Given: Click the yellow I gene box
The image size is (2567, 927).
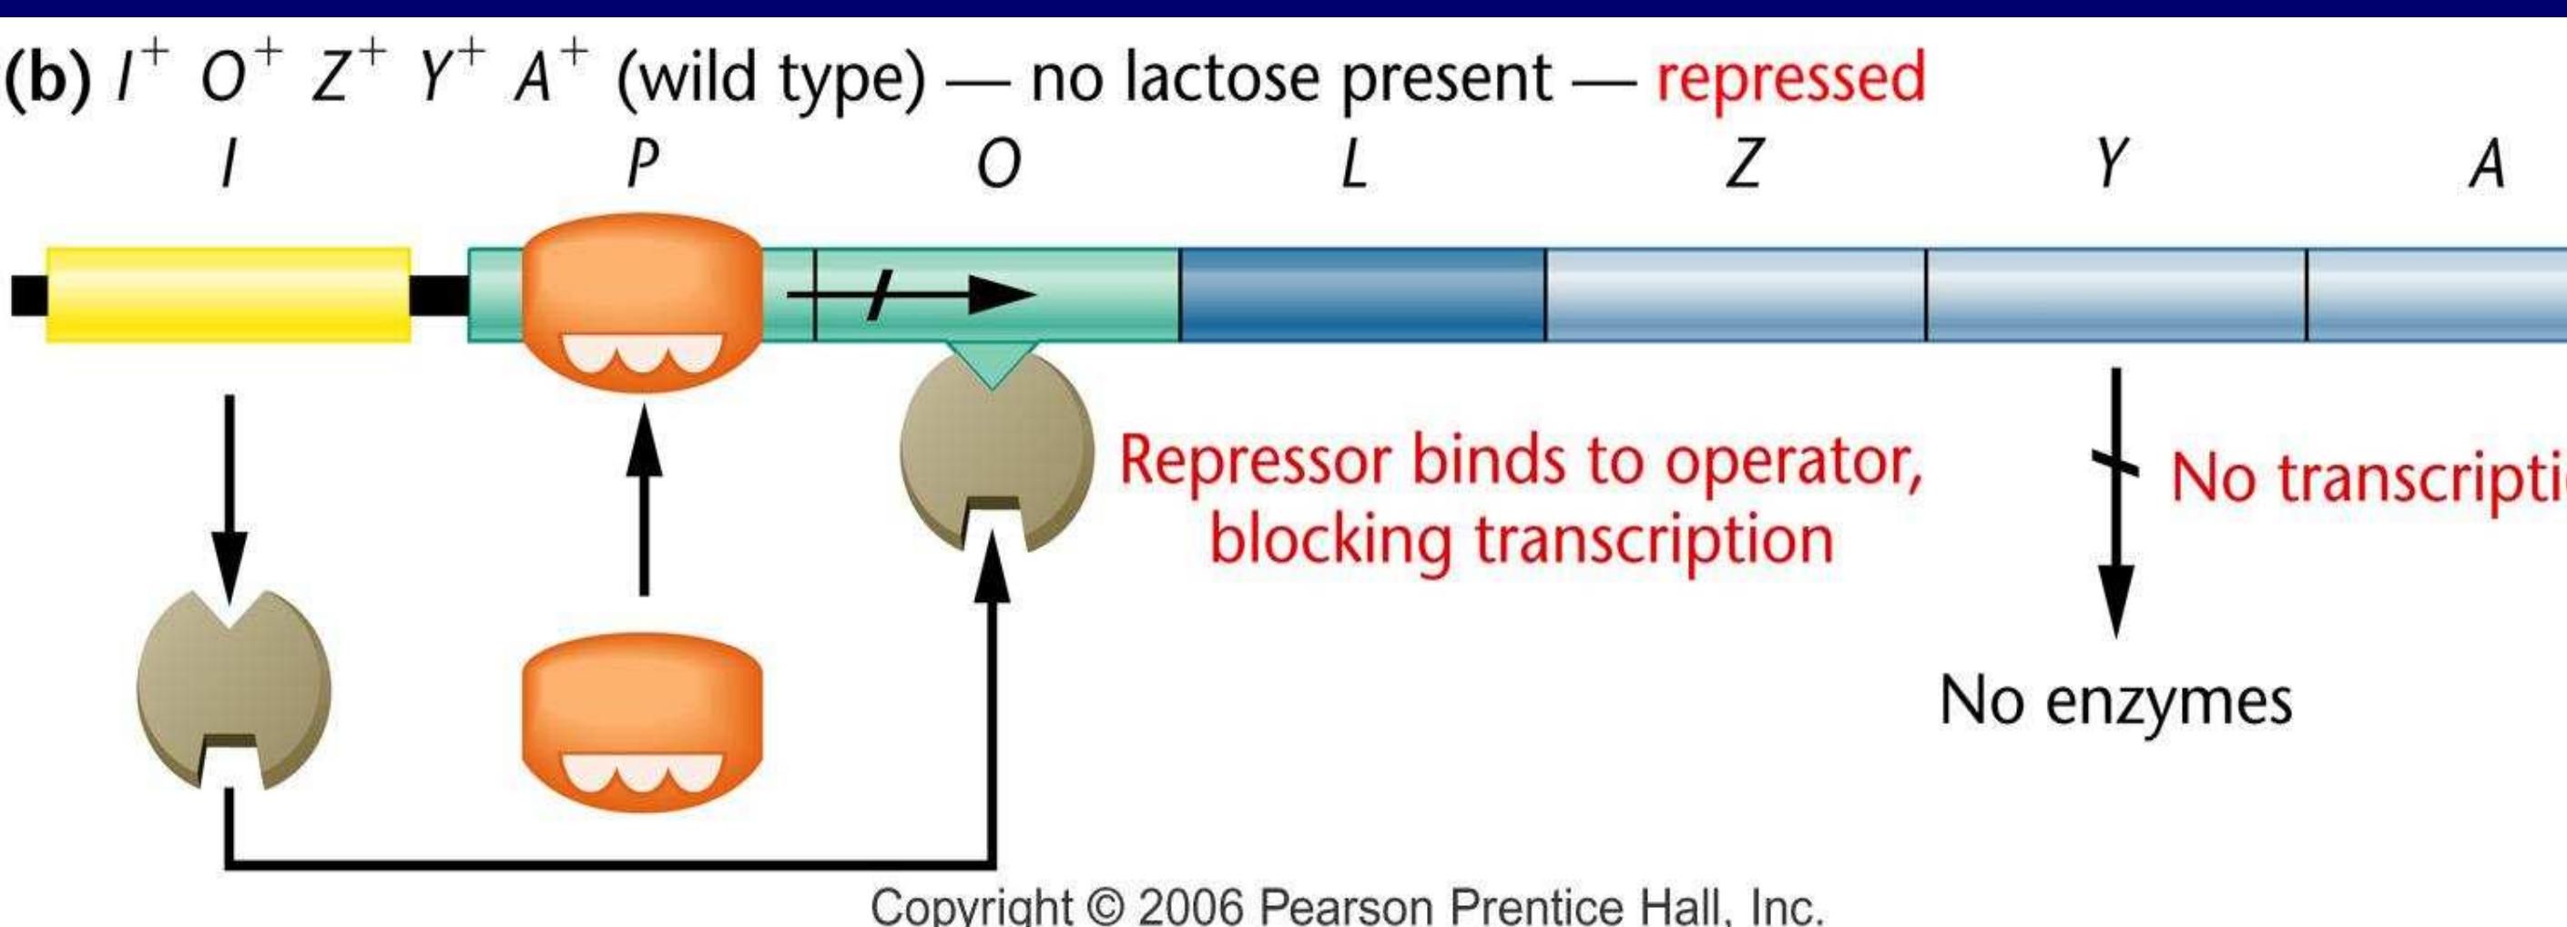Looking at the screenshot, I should pos(229,294).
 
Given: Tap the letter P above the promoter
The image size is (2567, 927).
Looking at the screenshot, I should pos(643,165).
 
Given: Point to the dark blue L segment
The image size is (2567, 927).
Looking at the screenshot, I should pos(1361,294).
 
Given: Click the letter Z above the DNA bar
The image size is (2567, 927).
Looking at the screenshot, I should pos(1743,165).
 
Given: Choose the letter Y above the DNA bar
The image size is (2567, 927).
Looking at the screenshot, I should pos(2111,165).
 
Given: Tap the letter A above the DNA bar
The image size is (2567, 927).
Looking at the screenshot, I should pos(2487,165).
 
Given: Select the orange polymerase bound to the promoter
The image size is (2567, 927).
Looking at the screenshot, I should pos(643,299).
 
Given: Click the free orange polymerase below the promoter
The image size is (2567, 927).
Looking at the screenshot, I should pos(643,723).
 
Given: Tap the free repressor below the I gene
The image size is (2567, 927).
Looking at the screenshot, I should pos(233,688).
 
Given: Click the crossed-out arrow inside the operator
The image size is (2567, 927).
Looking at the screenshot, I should pos(912,295).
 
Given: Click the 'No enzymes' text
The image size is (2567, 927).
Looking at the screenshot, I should pos(2114,701).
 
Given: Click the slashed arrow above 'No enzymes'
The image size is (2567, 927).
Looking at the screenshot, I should pos(2114,498).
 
